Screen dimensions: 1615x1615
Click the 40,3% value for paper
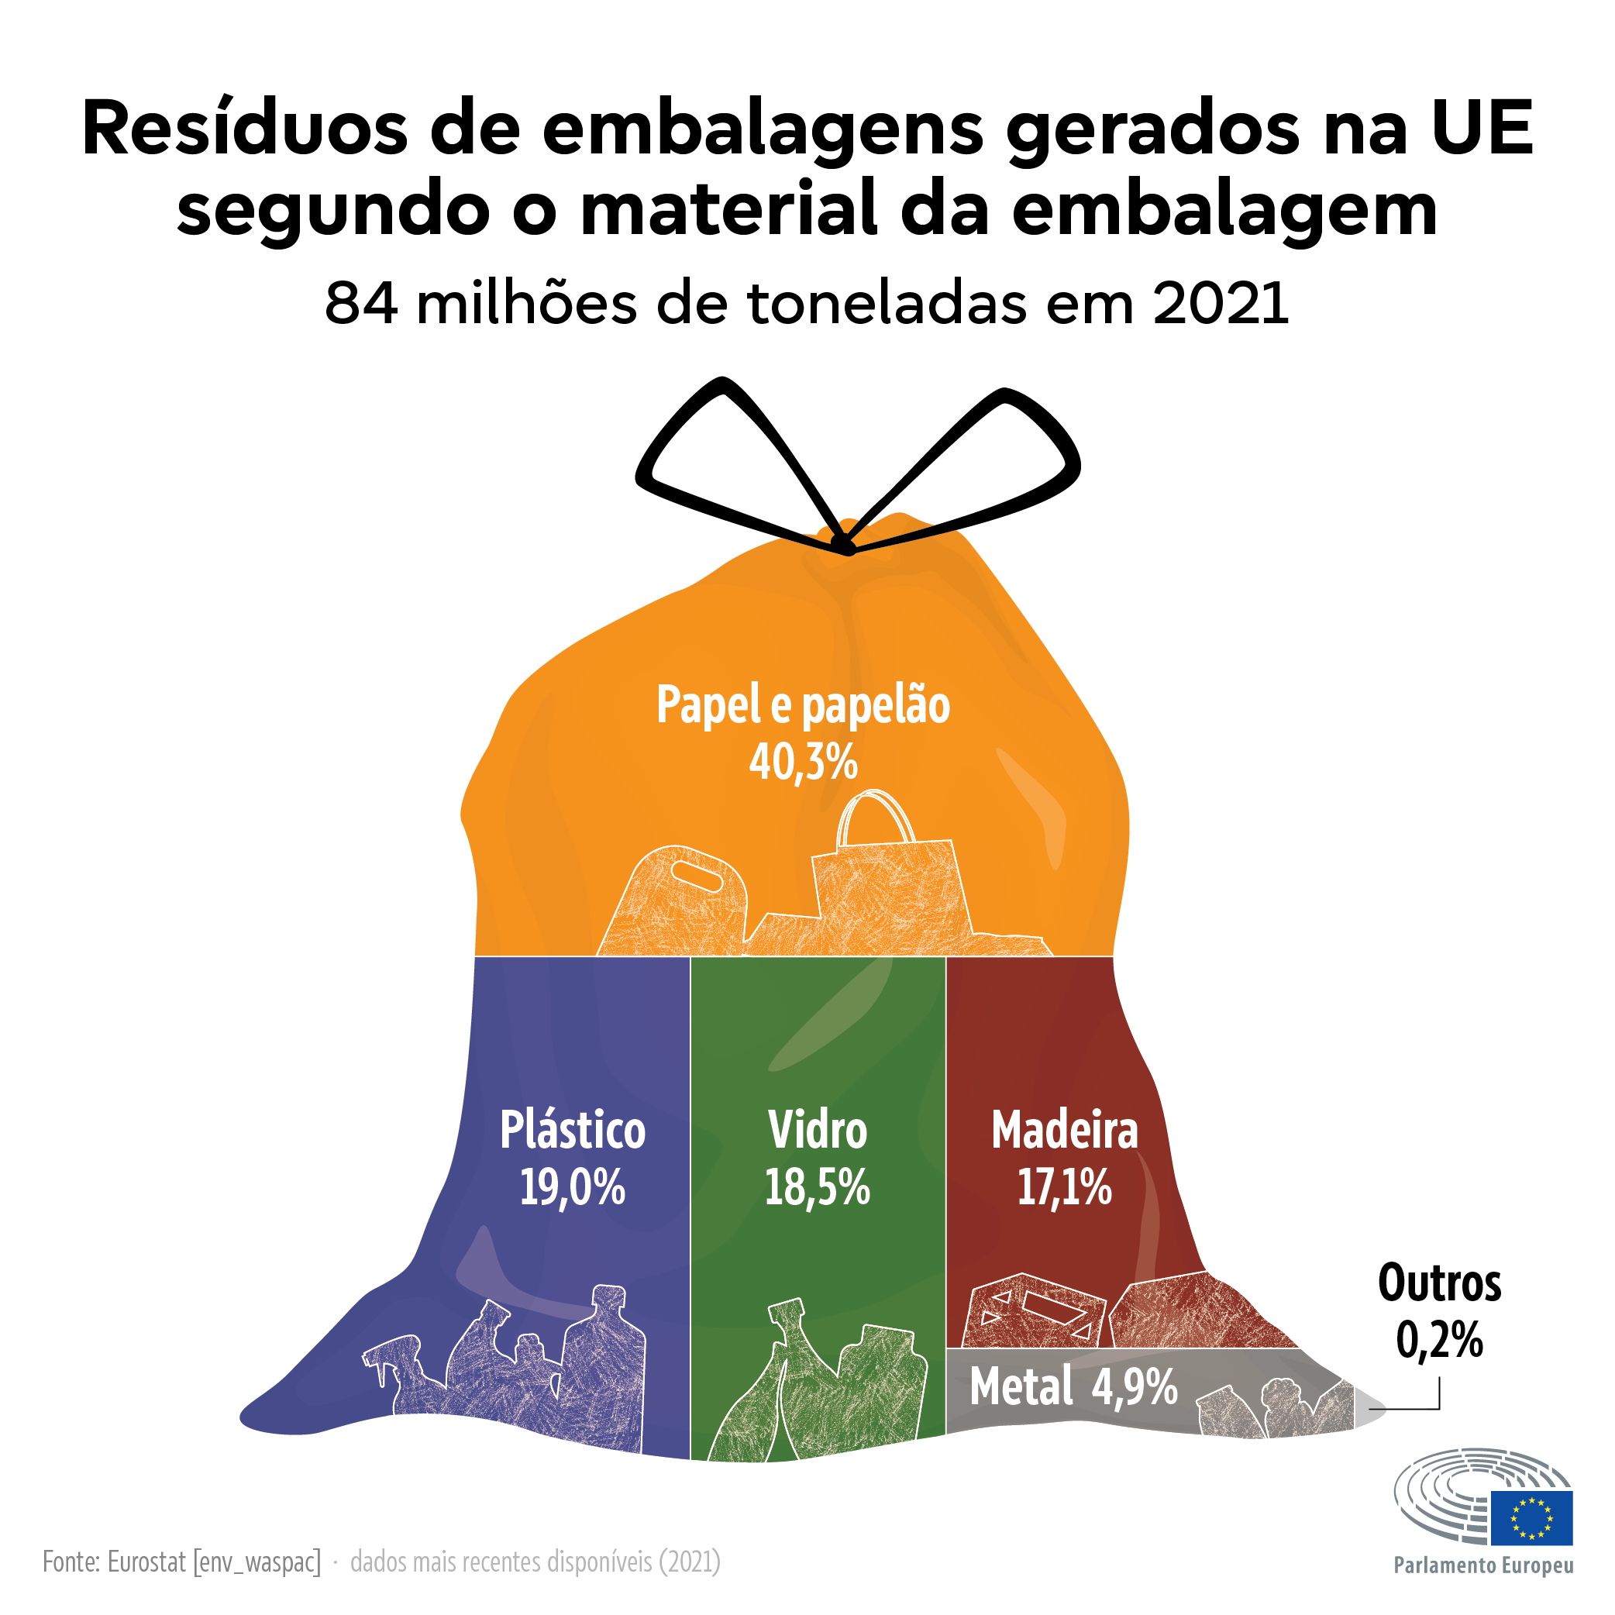click(803, 763)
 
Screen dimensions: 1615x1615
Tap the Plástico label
click(573, 1130)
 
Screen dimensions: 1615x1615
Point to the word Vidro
click(818, 1130)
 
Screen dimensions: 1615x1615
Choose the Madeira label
click(1064, 1130)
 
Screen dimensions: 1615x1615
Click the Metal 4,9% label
click(1073, 1388)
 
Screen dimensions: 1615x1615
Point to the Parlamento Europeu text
click(1483, 1565)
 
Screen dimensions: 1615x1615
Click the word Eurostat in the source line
click(146, 1562)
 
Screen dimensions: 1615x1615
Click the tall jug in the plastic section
click(604, 1371)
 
